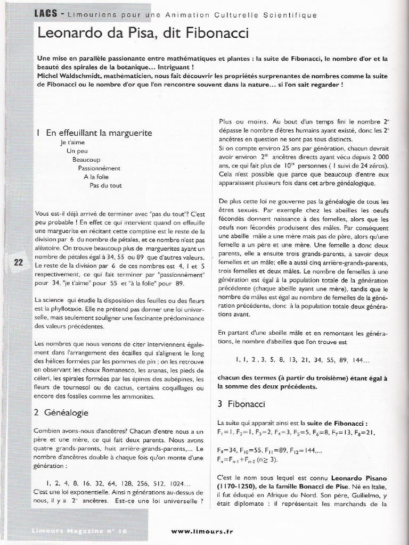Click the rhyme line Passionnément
[99, 168]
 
